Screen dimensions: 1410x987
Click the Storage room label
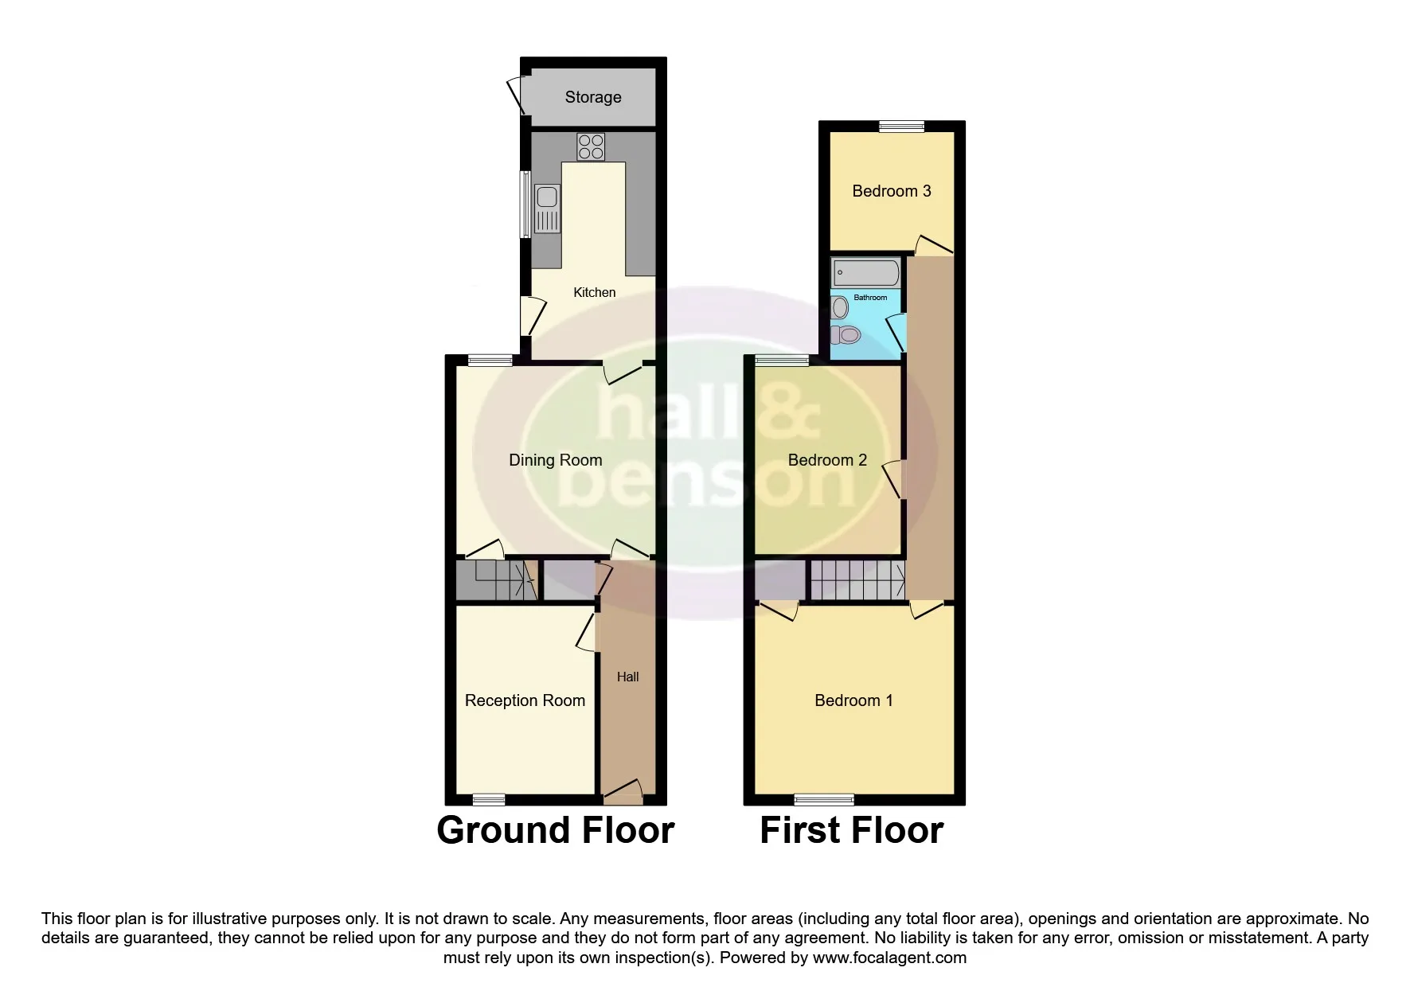coord(593,97)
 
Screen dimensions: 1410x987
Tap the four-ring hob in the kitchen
coord(591,147)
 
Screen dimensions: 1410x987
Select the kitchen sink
coord(547,209)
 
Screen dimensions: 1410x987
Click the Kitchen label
coord(595,292)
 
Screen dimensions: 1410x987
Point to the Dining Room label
coord(556,460)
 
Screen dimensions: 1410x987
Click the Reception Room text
coord(525,700)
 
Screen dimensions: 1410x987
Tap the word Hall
coord(627,677)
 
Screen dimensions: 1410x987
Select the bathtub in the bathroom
coord(866,273)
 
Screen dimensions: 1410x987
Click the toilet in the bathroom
coord(846,334)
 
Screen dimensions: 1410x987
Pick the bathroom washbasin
coord(839,307)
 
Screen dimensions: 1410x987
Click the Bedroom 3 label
coord(892,191)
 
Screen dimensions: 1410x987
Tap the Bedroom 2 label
coord(827,460)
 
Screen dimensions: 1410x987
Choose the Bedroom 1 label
coord(853,700)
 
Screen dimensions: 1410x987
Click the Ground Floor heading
coord(556,830)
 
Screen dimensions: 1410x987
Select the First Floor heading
coord(852,830)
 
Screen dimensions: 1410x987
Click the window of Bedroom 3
coord(902,126)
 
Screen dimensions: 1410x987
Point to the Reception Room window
coord(489,799)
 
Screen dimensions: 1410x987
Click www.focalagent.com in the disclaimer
coord(889,958)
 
